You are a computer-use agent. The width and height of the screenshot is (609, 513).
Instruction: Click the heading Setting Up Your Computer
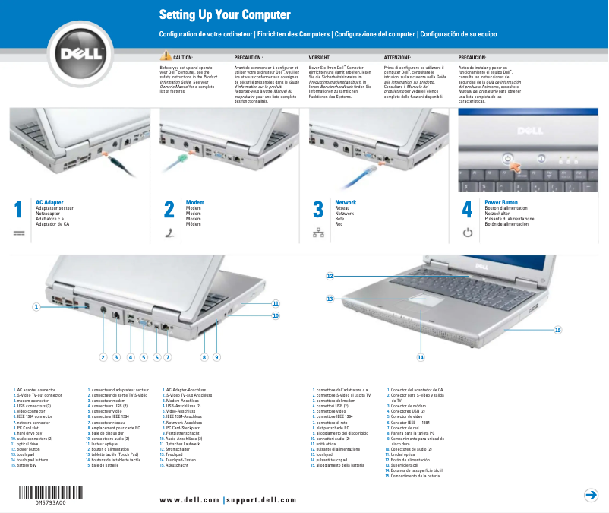click(213, 15)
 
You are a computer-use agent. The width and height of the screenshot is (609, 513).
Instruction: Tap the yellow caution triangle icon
click(166, 57)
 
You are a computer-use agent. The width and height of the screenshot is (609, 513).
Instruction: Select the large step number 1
click(19, 211)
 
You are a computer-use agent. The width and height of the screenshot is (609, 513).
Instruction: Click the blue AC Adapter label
click(49, 203)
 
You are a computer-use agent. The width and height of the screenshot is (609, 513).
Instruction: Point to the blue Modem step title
click(195, 203)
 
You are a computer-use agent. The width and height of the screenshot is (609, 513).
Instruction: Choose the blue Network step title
click(346, 203)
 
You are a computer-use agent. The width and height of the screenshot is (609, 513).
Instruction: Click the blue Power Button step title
click(501, 203)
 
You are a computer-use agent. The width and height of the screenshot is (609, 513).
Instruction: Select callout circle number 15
click(557, 330)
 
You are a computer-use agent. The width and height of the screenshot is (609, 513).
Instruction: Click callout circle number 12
click(330, 275)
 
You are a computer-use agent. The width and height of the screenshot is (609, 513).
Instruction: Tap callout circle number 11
click(276, 303)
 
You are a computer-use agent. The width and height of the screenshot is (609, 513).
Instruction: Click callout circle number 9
click(216, 356)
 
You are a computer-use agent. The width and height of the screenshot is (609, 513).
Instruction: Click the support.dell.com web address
click(262, 499)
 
